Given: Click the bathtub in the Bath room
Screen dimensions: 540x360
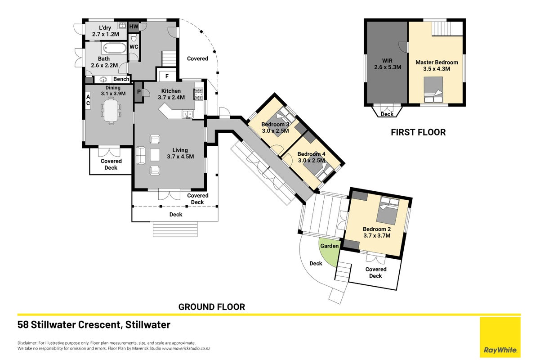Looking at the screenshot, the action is pyautogui.click(x=114, y=49).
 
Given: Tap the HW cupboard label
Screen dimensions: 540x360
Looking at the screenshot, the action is pyautogui.click(x=134, y=26).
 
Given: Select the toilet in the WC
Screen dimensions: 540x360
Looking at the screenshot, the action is pyautogui.click(x=134, y=38).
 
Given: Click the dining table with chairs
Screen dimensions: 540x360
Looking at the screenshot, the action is pyautogui.click(x=111, y=111).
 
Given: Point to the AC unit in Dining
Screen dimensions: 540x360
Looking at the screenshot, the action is pyautogui.click(x=88, y=100).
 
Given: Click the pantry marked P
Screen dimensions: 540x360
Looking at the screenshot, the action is pyautogui.click(x=138, y=92).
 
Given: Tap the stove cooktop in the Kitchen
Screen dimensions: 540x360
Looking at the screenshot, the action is pyautogui.click(x=199, y=94).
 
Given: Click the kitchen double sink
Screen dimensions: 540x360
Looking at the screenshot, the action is pyautogui.click(x=187, y=114).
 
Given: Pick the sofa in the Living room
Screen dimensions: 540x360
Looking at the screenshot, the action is pyautogui.click(x=141, y=155).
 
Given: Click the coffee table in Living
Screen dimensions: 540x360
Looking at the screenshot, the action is pyautogui.click(x=155, y=155).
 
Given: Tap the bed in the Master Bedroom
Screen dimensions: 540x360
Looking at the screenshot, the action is pyautogui.click(x=433, y=90).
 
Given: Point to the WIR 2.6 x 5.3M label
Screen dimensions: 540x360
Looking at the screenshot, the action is pyautogui.click(x=388, y=64).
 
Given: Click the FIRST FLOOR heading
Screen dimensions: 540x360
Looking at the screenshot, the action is pyautogui.click(x=418, y=132).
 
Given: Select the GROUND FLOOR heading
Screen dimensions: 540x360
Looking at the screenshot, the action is pyautogui.click(x=212, y=307).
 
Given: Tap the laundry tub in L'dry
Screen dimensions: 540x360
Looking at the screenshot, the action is pyautogui.click(x=122, y=25).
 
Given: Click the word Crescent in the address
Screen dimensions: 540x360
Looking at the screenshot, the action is pyautogui.click(x=99, y=324).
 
